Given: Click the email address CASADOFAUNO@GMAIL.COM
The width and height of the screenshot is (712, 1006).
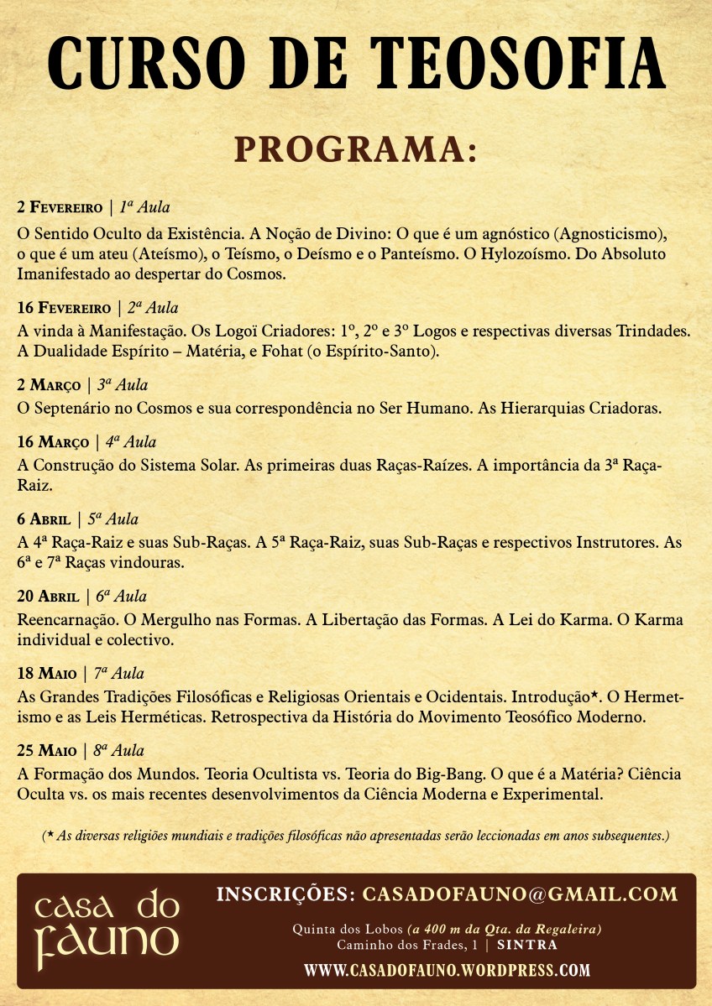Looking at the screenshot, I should pyautogui.click(x=520, y=894).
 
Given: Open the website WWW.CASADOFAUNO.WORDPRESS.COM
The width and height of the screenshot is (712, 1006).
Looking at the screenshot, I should pyautogui.click(x=447, y=971).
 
